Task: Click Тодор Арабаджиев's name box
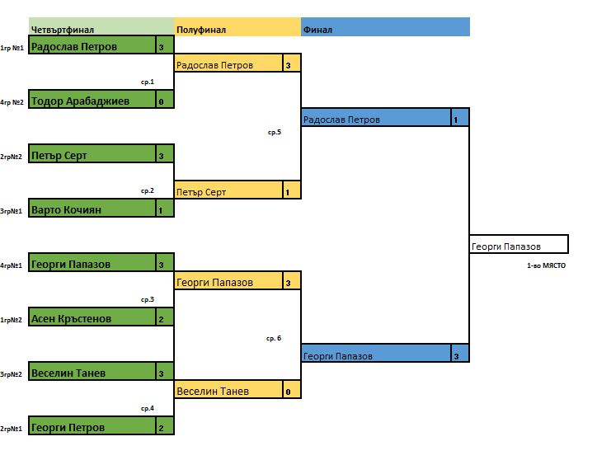(x=92, y=101)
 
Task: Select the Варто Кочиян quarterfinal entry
(x=92, y=209)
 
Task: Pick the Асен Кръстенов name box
(x=92, y=318)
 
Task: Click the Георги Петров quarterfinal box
(x=92, y=428)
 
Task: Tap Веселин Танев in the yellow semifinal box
(x=228, y=391)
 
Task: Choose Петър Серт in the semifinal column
(x=228, y=192)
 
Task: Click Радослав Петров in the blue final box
(x=375, y=120)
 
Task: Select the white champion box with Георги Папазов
(x=518, y=246)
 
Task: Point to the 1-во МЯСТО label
(x=547, y=266)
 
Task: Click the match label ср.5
(x=275, y=132)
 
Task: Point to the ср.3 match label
(x=148, y=299)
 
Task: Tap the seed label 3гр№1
(x=11, y=211)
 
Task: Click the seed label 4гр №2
(x=12, y=102)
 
